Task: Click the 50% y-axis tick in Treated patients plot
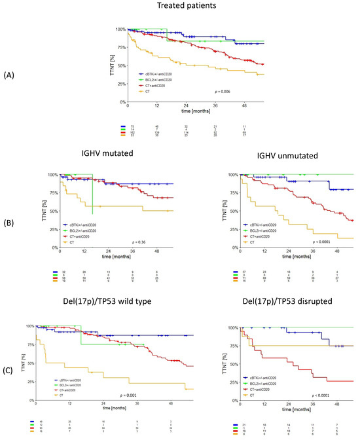[120, 65]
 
